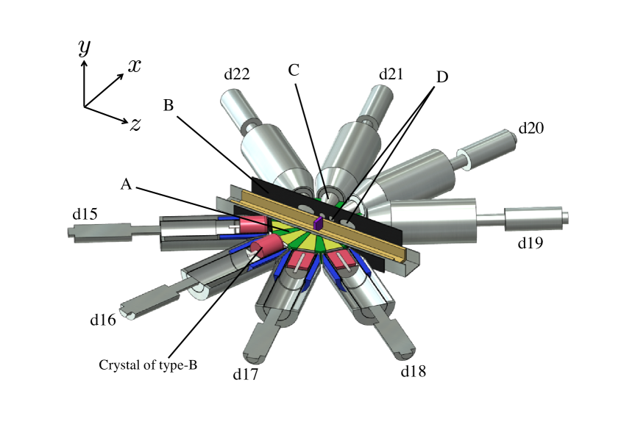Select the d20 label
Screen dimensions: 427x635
531,128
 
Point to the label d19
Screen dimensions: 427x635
529,241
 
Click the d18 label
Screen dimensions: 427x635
414,371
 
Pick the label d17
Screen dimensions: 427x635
246,374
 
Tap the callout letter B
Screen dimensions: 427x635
168,106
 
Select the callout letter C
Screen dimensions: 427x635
294,71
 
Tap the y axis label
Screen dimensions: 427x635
85,48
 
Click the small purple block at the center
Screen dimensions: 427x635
319,223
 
